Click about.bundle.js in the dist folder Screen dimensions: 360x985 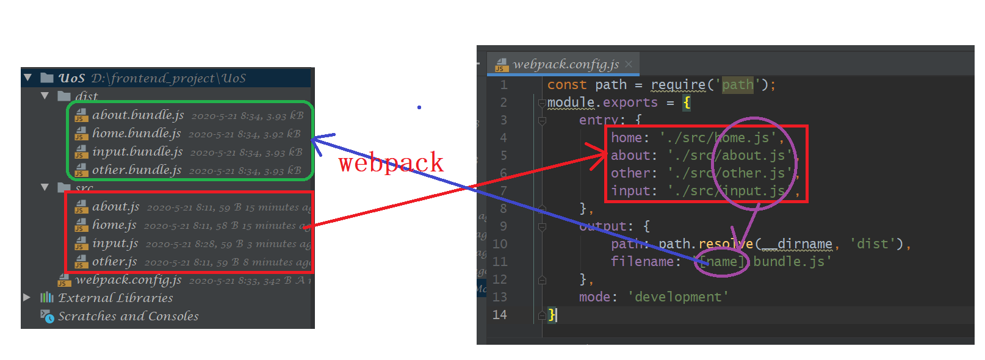point(138,115)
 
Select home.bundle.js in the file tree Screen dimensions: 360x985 point(136,133)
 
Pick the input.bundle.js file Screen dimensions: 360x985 point(137,151)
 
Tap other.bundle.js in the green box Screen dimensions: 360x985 point(137,170)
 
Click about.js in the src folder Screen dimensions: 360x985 point(115,207)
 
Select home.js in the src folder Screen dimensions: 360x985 point(114,225)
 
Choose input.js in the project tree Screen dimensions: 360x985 point(115,243)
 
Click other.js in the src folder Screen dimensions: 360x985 point(114,262)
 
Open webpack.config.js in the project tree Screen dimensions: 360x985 point(128,280)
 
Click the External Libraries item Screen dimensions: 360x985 point(115,298)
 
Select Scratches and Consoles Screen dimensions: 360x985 point(128,316)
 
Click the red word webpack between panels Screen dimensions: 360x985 point(391,162)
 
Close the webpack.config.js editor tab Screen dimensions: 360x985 point(629,64)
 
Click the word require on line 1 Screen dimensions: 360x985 point(677,85)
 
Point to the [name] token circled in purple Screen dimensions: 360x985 point(722,262)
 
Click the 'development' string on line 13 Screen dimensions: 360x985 point(678,297)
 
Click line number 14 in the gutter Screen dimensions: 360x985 point(499,315)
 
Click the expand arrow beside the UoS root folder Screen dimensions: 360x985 point(27,77)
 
